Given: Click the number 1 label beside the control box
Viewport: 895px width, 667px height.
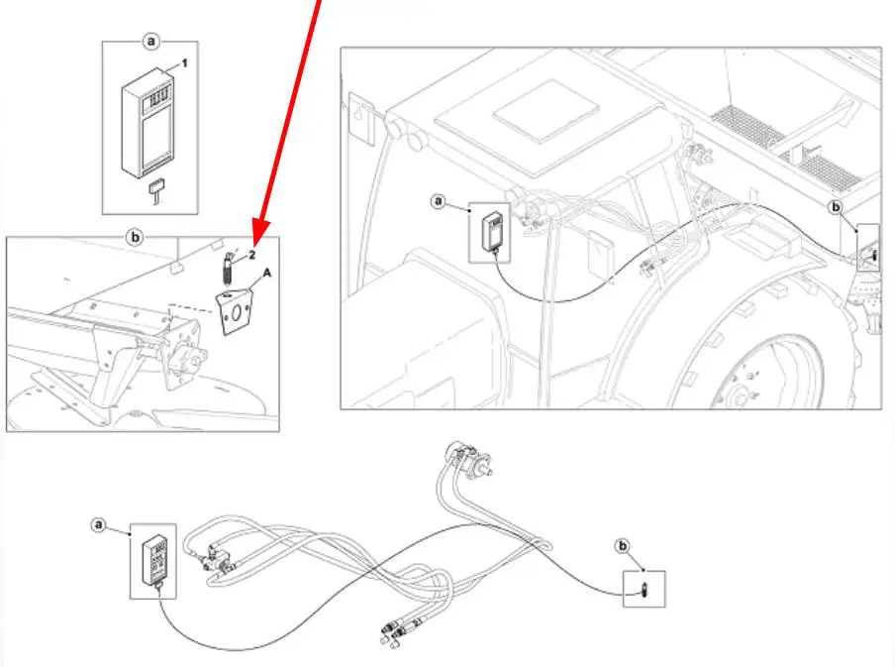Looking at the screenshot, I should tap(183, 63).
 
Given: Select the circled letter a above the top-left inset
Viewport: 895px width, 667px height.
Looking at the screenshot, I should tap(151, 42).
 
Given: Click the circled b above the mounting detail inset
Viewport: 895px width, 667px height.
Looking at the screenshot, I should tap(137, 237).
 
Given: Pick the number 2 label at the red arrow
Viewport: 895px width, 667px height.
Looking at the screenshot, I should tap(252, 254).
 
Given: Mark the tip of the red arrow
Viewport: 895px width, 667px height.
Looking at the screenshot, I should tap(255, 243).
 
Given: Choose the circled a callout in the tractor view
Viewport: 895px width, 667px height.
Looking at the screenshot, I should tap(439, 201).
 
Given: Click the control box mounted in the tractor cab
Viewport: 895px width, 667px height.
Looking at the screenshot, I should tap(491, 231).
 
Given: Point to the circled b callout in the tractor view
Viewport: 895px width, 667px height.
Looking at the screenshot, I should tap(835, 207).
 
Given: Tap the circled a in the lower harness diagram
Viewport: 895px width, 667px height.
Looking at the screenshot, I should tap(98, 523).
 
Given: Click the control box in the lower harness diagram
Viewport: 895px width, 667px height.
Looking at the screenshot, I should tap(154, 562).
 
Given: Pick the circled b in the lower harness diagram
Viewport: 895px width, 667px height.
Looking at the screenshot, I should tap(623, 544).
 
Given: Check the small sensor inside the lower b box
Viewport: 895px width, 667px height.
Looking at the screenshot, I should tap(643, 590).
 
